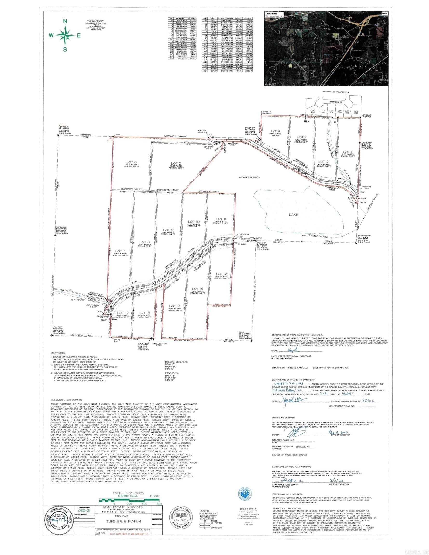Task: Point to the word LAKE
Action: (294, 214)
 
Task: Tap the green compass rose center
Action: (65, 35)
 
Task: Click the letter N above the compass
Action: (65, 21)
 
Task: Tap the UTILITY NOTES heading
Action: (58, 353)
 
